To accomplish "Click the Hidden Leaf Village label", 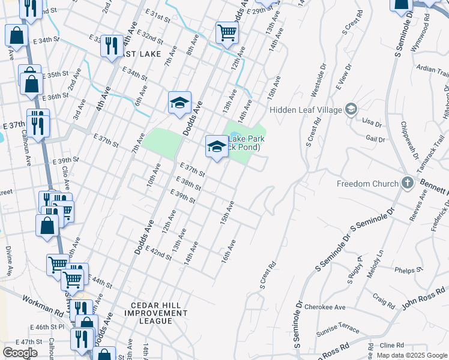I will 305,109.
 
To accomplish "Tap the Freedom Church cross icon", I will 408,182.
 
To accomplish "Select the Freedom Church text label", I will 367,184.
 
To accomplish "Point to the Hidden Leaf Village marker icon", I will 351,109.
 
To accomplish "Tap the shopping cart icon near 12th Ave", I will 227,32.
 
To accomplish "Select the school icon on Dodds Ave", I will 179,103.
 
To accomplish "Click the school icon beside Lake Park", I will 216,146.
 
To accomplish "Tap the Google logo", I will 20,353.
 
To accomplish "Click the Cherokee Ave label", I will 325,307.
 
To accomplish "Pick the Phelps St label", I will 409,271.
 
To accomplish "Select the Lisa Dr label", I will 372,122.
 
